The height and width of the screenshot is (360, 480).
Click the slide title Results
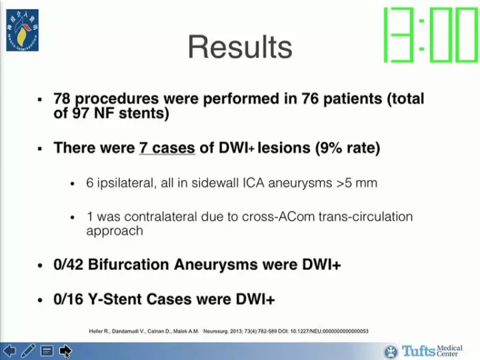point(240,47)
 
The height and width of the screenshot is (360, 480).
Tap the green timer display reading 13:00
point(429,35)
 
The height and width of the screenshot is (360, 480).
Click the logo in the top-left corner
point(22,31)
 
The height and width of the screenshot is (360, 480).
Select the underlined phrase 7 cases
point(167,148)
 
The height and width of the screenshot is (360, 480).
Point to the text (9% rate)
point(348,148)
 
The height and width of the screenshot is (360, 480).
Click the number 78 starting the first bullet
point(62,99)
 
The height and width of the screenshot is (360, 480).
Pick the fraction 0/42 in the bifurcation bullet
point(68,265)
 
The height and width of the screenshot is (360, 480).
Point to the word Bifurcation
point(127,265)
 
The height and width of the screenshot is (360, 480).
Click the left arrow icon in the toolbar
point(9,351)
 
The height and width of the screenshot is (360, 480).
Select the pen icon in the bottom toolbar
point(28,351)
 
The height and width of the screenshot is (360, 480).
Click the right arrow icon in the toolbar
point(65,351)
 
